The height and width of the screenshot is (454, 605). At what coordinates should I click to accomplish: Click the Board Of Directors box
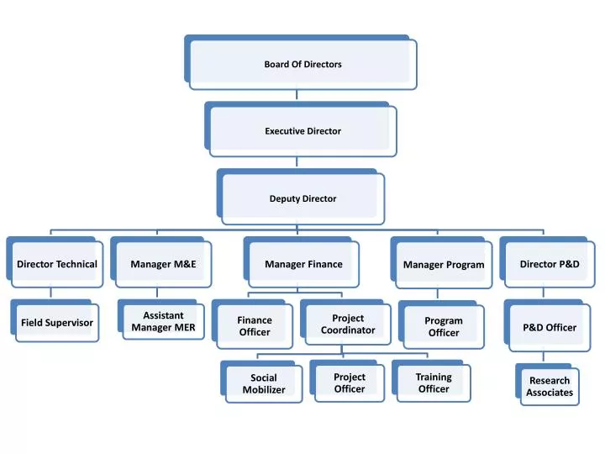(x=301, y=62)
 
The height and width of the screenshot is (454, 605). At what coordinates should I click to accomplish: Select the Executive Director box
(x=301, y=129)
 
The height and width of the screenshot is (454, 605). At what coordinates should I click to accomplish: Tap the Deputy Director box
(x=301, y=197)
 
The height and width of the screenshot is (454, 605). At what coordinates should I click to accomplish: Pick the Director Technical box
(x=55, y=262)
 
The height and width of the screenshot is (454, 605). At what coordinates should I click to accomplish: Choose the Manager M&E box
(x=160, y=262)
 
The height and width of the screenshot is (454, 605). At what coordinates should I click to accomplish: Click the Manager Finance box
(x=302, y=262)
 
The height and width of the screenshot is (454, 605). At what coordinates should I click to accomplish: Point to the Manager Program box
(x=441, y=263)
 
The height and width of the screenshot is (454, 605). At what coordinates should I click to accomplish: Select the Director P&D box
(x=547, y=262)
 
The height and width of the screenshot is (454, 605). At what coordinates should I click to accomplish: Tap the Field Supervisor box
(x=55, y=321)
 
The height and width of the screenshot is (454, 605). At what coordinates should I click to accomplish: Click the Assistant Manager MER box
(x=160, y=319)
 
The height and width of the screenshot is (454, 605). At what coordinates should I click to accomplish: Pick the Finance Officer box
(x=252, y=325)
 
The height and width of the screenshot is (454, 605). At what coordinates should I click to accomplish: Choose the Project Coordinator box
(x=345, y=322)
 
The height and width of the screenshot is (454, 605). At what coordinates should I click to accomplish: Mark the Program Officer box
(x=441, y=325)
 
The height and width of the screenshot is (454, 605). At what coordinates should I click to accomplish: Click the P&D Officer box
(x=547, y=325)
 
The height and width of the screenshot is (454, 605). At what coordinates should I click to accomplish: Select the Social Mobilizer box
(x=261, y=382)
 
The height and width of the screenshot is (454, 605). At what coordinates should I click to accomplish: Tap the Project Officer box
(x=347, y=381)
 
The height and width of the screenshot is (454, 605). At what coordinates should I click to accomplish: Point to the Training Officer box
(x=431, y=381)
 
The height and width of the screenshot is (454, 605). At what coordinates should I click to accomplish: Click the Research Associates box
(x=547, y=384)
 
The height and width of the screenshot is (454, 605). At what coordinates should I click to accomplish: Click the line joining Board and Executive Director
(x=297, y=95)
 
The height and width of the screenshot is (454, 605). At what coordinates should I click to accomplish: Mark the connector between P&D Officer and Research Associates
(x=544, y=356)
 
